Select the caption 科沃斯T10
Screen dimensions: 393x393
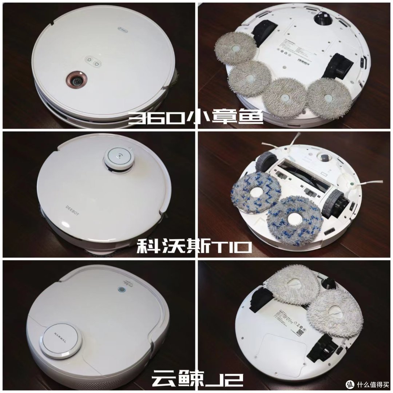tap(194, 248)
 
